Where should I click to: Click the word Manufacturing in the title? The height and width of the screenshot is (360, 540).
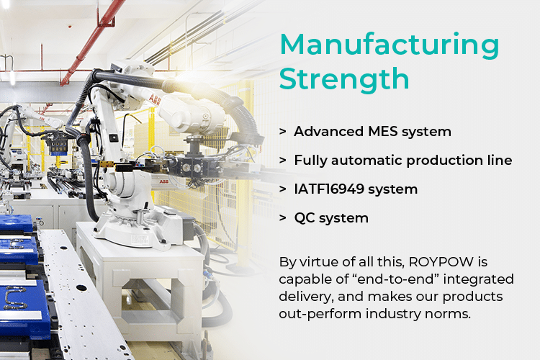(389, 45)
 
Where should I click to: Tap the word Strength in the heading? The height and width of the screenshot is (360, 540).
(344, 79)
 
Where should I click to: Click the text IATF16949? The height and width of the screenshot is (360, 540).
(329, 189)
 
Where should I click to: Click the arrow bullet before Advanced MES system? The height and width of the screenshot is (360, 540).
(283, 132)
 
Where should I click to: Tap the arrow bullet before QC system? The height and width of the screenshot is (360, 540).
(283, 218)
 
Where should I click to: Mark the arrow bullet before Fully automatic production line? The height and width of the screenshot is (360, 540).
(283, 160)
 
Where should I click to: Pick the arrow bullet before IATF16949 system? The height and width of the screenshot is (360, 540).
(283, 189)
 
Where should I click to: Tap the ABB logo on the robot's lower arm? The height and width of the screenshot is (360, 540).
(163, 181)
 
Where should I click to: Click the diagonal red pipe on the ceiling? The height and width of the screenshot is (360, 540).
(93, 40)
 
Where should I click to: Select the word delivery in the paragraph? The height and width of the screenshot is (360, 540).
(306, 297)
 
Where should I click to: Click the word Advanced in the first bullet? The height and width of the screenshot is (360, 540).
(328, 132)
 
